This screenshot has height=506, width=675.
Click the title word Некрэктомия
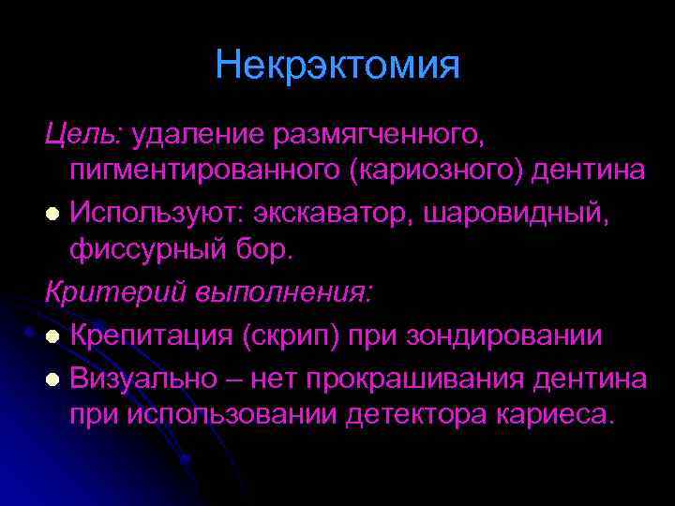[337, 66]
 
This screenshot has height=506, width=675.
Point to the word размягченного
[376, 138]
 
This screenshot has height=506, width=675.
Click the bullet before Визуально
[54, 377]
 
